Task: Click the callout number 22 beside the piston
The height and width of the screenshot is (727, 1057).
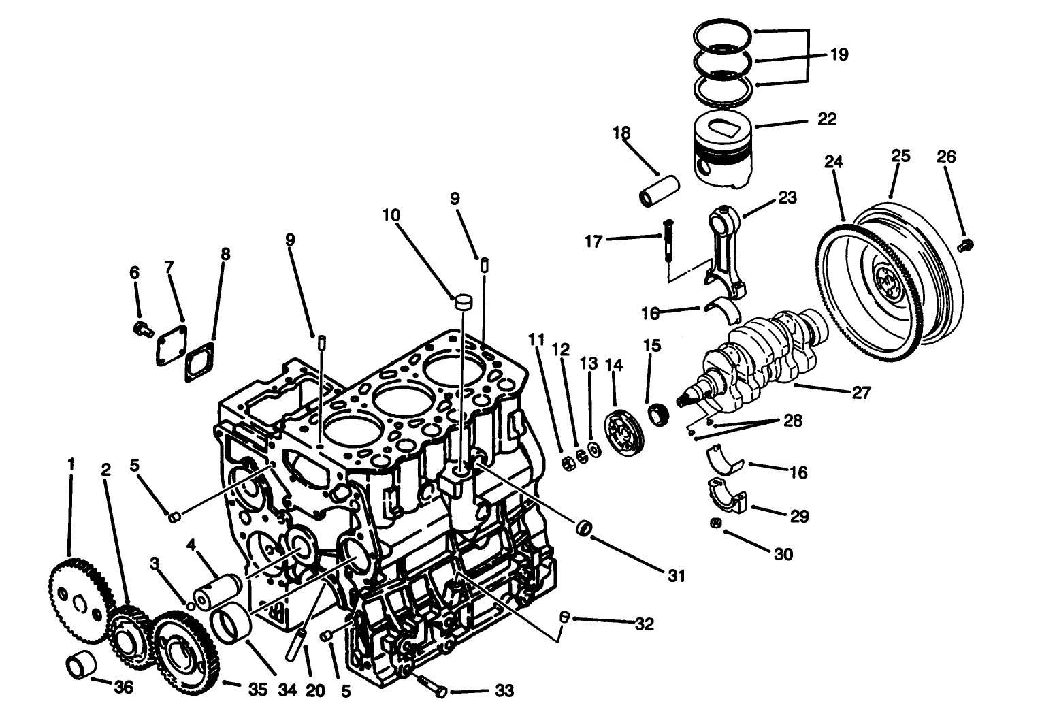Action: [826, 119]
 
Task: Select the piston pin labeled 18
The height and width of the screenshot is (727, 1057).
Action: [660, 191]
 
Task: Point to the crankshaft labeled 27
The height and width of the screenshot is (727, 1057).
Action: [762, 354]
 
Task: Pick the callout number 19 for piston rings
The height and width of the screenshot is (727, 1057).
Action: [839, 54]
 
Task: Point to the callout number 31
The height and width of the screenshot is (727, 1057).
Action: [675, 576]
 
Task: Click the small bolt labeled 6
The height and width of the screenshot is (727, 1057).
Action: [142, 329]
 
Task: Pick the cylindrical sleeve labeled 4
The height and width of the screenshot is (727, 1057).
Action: [216, 590]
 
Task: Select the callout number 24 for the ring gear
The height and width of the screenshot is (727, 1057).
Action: [834, 162]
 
